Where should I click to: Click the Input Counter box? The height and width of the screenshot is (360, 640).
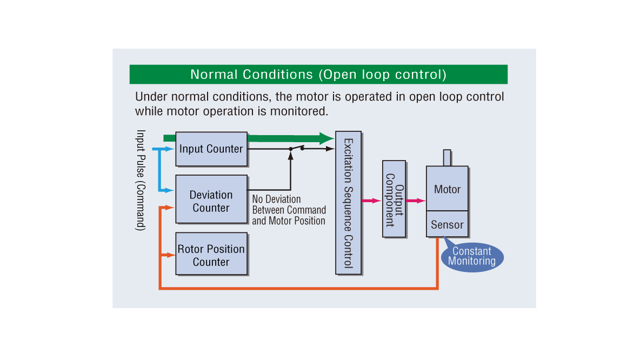tap(211, 149)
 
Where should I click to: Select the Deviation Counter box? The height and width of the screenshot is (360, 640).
tap(211, 201)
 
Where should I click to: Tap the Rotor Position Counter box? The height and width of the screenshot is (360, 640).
tap(211, 255)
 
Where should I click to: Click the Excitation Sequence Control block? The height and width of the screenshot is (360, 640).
tap(348, 203)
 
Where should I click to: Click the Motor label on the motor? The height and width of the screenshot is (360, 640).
tap(447, 189)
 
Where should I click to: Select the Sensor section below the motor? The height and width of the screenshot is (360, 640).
tap(447, 224)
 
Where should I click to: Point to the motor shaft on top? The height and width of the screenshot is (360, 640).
tap(447, 157)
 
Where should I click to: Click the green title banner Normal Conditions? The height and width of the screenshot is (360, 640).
tap(318, 75)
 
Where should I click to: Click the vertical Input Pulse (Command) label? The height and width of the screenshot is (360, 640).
tap(141, 180)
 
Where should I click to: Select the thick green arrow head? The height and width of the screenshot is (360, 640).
tap(326, 138)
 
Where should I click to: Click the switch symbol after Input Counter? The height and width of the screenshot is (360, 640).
tap(296, 148)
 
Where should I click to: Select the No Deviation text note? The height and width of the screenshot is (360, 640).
tap(289, 210)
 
